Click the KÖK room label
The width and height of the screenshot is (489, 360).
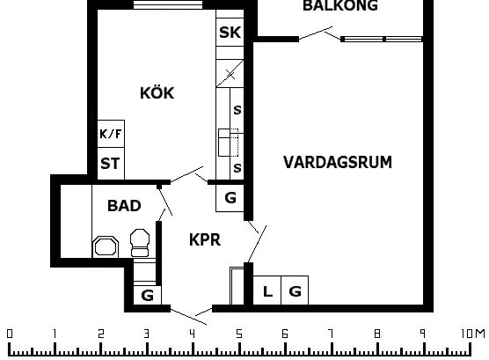[157, 92]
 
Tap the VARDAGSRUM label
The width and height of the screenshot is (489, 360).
[338, 162]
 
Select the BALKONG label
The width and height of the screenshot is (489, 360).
[340, 5]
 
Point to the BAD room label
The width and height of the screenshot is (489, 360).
[124, 206]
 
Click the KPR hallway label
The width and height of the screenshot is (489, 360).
[205, 239]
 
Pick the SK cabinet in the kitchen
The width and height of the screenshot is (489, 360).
[230, 33]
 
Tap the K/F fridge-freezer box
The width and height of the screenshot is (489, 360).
[111, 134]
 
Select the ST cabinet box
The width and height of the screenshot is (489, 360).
[111, 164]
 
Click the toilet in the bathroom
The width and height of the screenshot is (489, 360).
[140, 243]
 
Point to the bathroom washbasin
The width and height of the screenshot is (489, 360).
[106, 246]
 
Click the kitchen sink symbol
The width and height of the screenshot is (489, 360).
[229, 143]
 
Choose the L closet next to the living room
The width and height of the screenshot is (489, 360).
[267, 290]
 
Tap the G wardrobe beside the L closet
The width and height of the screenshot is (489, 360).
[295, 290]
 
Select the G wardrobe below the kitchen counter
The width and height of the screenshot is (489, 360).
[230, 198]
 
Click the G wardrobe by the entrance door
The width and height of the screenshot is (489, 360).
[147, 295]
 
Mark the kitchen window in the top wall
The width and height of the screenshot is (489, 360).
[168, 4]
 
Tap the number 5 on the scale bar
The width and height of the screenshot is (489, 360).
[239, 334]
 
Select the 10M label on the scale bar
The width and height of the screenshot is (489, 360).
[473, 334]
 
